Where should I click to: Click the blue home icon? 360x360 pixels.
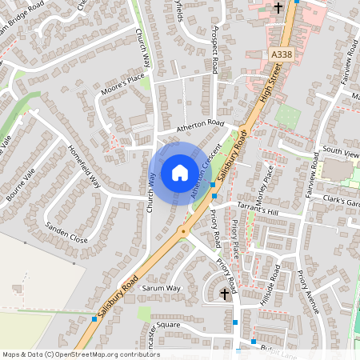coord(179,172)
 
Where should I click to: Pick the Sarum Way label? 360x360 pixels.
coord(162,287)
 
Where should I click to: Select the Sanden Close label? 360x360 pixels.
coord(66,233)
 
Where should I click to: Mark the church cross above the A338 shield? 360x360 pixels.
coord(278,8)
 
